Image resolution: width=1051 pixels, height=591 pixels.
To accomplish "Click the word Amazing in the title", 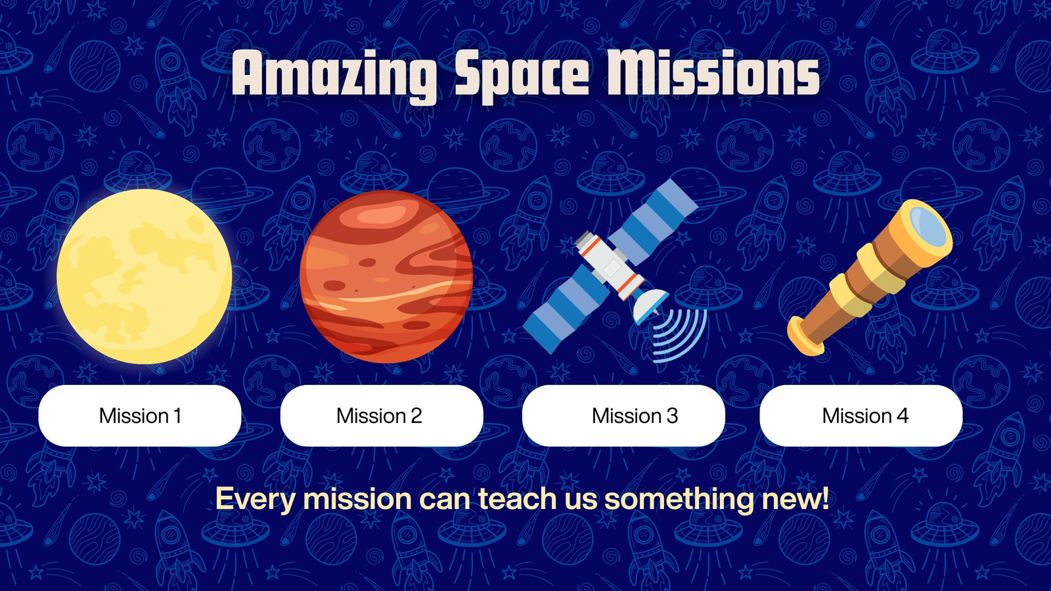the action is (x=334, y=75).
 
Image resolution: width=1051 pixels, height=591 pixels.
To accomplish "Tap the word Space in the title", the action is (x=521, y=75).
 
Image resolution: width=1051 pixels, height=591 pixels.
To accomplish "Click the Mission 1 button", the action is (x=140, y=416).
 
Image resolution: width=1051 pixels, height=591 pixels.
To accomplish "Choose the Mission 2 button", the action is (x=382, y=416).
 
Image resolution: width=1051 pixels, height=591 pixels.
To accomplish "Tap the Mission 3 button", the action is (x=623, y=416).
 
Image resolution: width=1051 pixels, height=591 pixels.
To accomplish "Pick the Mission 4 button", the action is (x=861, y=416).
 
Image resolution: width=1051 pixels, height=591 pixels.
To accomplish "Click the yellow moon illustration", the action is (x=144, y=276).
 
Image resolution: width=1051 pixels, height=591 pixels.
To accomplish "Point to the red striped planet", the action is (x=386, y=276).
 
